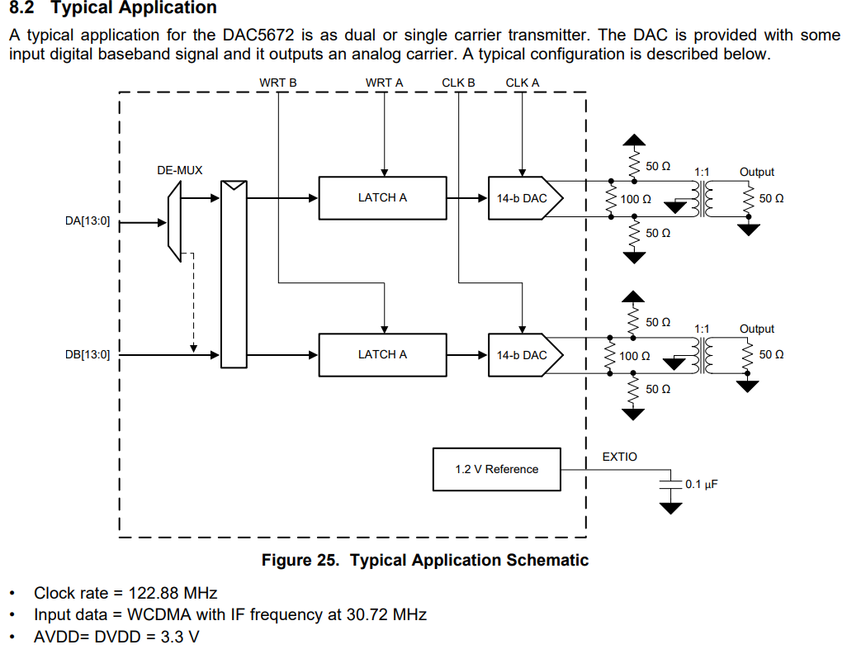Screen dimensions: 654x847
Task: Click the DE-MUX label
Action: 179,171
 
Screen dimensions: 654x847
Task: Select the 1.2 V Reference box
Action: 496,469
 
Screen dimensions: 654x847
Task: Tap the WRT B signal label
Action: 277,83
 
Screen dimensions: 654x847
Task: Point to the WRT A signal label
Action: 385,83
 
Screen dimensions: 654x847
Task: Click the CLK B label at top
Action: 458,83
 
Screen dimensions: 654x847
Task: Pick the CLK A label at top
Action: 522,83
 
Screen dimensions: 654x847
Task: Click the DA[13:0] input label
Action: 87,222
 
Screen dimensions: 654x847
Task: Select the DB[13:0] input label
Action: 87,355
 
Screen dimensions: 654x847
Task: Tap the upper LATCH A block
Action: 382,198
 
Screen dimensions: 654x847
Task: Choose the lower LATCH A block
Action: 382,355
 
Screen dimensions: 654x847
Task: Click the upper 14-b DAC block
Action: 523,198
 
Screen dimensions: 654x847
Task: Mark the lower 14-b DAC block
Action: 523,355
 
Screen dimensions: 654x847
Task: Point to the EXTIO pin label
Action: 619,457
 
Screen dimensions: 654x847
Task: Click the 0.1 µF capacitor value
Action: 701,484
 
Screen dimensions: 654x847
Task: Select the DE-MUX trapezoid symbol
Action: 173,220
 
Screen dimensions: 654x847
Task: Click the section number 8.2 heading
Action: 23,8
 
